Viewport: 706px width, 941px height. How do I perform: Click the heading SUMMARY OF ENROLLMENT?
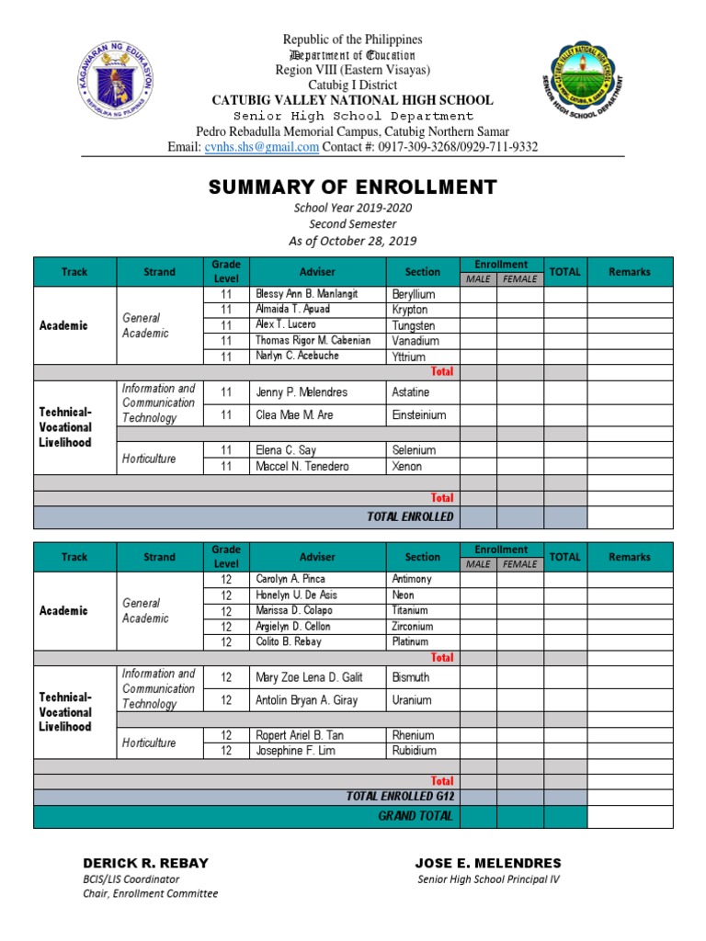click(x=353, y=187)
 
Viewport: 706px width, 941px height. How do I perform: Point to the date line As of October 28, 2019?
click(x=353, y=241)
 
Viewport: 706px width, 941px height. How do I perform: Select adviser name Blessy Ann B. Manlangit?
click(x=306, y=294)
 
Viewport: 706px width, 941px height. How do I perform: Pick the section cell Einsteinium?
click(x=418, y=415)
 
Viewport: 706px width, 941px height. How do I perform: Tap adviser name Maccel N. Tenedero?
click(x=302, y=467)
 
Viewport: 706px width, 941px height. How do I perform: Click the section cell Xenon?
click(x=406, y=467)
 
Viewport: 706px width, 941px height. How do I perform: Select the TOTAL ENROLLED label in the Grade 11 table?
click(x=410, y=516)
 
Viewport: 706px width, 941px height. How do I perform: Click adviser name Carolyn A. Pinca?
click(x=290, y=579)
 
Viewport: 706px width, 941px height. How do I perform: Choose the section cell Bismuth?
click(x=411, y=677)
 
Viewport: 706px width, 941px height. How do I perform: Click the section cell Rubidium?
click(x=414, y=751)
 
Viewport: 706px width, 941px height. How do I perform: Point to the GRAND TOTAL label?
click(x=416, y=816)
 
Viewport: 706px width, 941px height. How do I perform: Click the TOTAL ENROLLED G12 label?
click(x=400, y=796)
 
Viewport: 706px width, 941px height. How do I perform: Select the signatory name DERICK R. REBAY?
click(x=145, y=863)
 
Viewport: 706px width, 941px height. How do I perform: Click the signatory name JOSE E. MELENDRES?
click(x=488, y=863)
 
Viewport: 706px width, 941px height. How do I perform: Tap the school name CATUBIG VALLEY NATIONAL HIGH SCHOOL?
click(x=353, y=100)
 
